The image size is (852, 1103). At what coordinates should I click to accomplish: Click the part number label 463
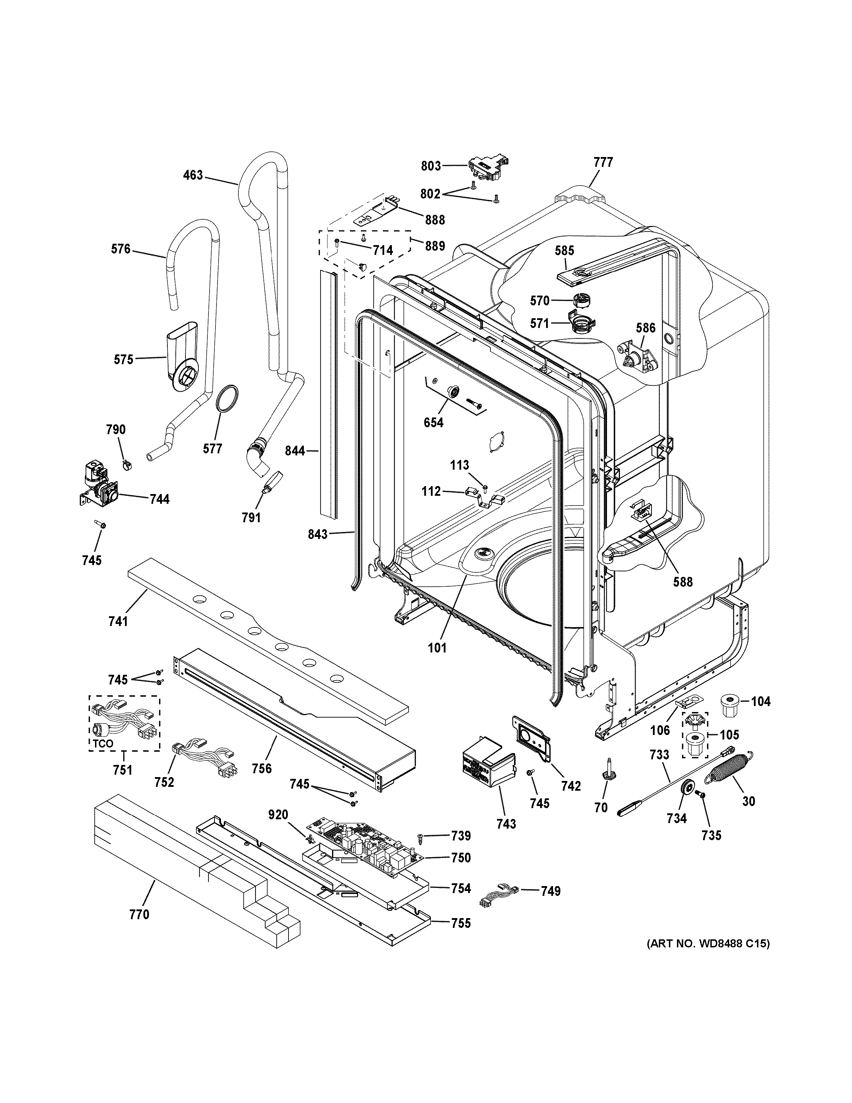(x=193, y=175)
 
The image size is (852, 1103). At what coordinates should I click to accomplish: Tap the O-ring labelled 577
(x=227, y=398)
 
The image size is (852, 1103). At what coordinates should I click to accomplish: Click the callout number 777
(x=603, y=162)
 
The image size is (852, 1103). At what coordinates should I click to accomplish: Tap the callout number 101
(x=437, y=648)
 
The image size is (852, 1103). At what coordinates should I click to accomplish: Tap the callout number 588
(x=683, y=582)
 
